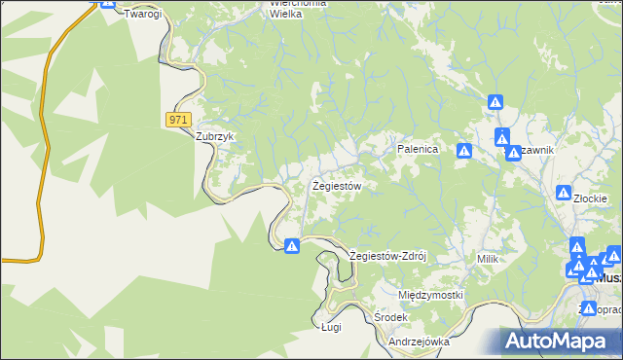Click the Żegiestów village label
[337, 185]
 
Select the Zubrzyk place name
[215, 137]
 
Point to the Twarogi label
[141, 16]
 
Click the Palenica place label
[419, 150]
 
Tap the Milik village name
[488, 259]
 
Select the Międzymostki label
[430, 295]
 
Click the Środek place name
[390, 318]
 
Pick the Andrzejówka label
[418, 342]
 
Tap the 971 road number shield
[177, 119]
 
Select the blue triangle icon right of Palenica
[464, 151]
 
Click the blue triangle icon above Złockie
[563, 193]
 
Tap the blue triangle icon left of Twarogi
[107, 4]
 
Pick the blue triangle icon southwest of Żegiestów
[291, 246]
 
